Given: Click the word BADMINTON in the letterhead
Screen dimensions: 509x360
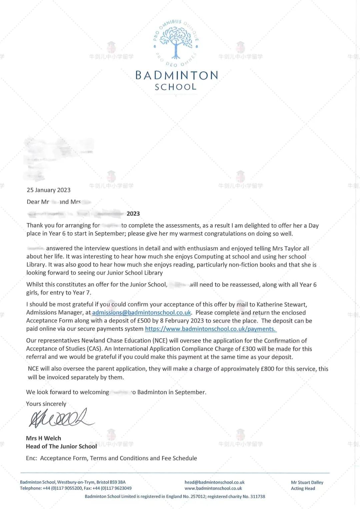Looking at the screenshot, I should pyautogui.click(x=177, y=75).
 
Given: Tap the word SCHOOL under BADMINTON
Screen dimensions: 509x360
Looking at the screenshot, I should pyautogui.click(x=176, y=87).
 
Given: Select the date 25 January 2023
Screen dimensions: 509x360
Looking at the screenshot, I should pyautogui.click(x=49, y=190).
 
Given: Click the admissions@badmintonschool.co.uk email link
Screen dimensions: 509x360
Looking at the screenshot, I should pyautogui.click(x=141, y=312).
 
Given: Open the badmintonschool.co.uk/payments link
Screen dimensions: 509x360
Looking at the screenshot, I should pyautogui.click(x=211, y=329).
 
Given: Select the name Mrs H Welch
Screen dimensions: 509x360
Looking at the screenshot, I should pyautogui.click(x=44, y=438).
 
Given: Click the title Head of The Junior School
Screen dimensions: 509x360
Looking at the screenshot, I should pyautogui.click(x=61, y=446).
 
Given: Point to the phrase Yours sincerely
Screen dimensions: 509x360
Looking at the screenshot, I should pyautogui.click(x=46, y=404).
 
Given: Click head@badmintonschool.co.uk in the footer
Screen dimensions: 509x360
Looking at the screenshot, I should pyautogui.click(x=214, y=482).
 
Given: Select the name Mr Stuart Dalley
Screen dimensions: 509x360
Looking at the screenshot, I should pyautogui.click(x=307, y=482).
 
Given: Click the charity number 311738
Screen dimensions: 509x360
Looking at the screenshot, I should pyautogui.click(x=258, y=496).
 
